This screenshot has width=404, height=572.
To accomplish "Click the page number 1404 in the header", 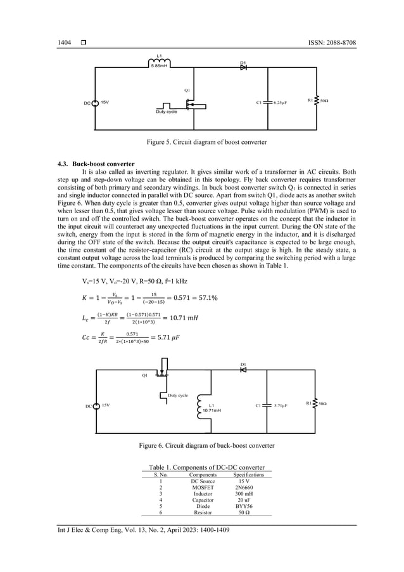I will (x=64, y=42).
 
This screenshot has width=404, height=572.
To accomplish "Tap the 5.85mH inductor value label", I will (x=159, y=66).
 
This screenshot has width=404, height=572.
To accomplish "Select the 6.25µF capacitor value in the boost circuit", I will (x=282, y=101).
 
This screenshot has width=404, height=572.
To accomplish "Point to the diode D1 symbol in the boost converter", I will (x=243, y=67).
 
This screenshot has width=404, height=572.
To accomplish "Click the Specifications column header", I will (x=248, y=474).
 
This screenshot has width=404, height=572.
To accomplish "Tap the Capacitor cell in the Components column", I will (x=203, y=500).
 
